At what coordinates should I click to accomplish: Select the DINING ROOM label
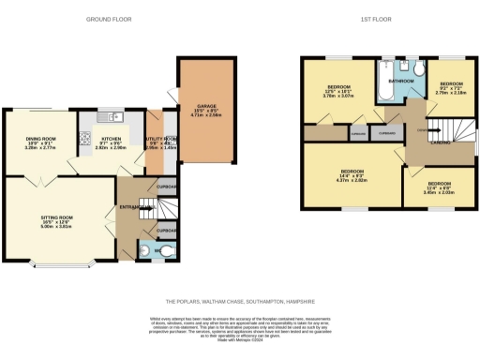pyautogui.click(x=40, y=142)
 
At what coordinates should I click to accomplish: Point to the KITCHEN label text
pyautogui.click(x=112, y=142)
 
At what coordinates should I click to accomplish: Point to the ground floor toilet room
pyautogui.click(x=154, y=250)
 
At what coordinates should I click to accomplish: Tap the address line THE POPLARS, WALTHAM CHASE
pyautogui.click(x=239, y=301)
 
